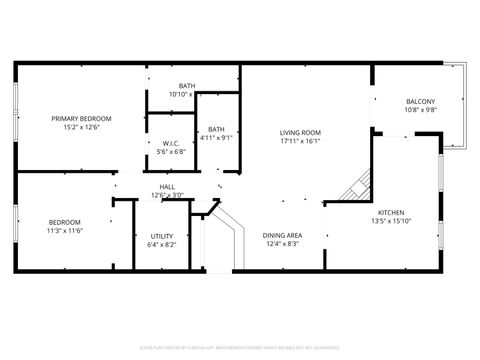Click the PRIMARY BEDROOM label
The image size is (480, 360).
tap(82, 119)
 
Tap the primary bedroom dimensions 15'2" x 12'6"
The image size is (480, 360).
tap(82, 128)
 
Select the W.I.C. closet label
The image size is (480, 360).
tap(171, 143)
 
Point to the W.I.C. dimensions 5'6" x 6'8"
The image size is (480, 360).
tap(171, 152)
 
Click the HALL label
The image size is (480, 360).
tap(168, 187)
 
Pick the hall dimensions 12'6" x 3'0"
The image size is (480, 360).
tap(168, 195)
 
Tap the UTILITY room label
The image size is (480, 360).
tap(161, 236)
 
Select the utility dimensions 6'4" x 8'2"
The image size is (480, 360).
tap(161, 245)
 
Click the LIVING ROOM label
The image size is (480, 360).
tap(299, 133)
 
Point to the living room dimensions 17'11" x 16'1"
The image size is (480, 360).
tap(299, 142)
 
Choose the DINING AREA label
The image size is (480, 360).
tap(282, 236)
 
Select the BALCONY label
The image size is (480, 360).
tap(420, 102)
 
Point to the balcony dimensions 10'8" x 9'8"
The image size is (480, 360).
tap(420, 111)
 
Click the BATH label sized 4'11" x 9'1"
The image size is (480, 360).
tap(216, 129)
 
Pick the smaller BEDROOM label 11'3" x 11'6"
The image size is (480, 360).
tap(65, 222)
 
